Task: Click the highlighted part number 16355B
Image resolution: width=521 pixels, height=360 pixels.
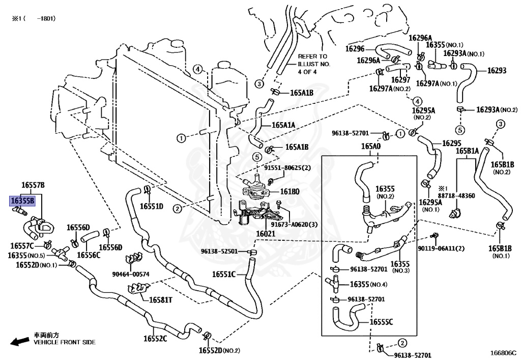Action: [23, 201]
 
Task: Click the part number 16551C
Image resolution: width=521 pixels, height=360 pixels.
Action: [224, 274]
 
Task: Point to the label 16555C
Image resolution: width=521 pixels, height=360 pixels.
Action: [382, 322]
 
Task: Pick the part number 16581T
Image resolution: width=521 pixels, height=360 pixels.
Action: [160, 299]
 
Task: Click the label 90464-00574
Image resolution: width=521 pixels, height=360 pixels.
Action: [131, 274]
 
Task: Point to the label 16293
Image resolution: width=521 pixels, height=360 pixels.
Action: [497, 71]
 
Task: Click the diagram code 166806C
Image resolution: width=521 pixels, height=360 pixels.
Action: [503, 352]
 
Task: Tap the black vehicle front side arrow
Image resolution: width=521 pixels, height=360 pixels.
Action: [20, 340]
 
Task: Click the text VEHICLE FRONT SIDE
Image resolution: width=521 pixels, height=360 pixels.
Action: [65, 343]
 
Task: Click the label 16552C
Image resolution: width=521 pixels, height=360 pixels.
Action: [155, 339]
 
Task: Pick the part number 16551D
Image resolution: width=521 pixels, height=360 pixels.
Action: [152, 206]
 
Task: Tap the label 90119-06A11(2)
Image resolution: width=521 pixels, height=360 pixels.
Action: [441, 248]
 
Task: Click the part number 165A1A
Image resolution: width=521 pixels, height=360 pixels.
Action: [283, 125]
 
